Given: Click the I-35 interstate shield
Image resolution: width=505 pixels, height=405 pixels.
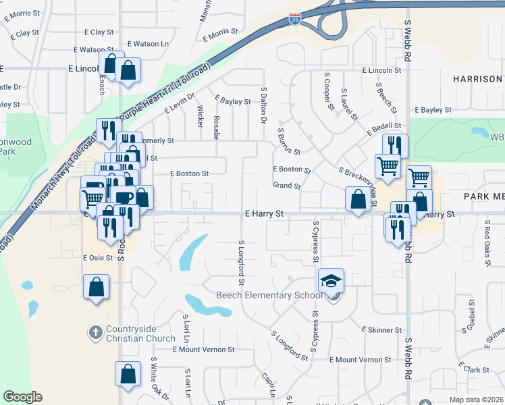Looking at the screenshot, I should pos(294,19).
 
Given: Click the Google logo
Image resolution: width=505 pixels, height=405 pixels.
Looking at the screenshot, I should pos(22,397).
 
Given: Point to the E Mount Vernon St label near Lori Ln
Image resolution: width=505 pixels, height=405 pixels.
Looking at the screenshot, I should pos(203,350).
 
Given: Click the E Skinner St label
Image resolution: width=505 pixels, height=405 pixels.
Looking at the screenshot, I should pos(381,329).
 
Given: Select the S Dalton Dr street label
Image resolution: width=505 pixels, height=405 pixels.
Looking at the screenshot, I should pos(264,105).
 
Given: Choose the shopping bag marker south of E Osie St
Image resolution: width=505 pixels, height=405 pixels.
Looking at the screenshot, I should pos(96,286).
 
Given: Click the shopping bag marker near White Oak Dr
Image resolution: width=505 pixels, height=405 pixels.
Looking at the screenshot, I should pos(128,374).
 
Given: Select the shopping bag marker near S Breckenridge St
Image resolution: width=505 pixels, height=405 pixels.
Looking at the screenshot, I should pos(356,198).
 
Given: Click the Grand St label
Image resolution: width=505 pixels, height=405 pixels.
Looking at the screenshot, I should pos(286,185).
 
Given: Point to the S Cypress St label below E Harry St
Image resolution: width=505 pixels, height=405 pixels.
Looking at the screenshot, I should pos(315,240).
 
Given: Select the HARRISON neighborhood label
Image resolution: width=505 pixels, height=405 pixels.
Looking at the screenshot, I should pos(477,79).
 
